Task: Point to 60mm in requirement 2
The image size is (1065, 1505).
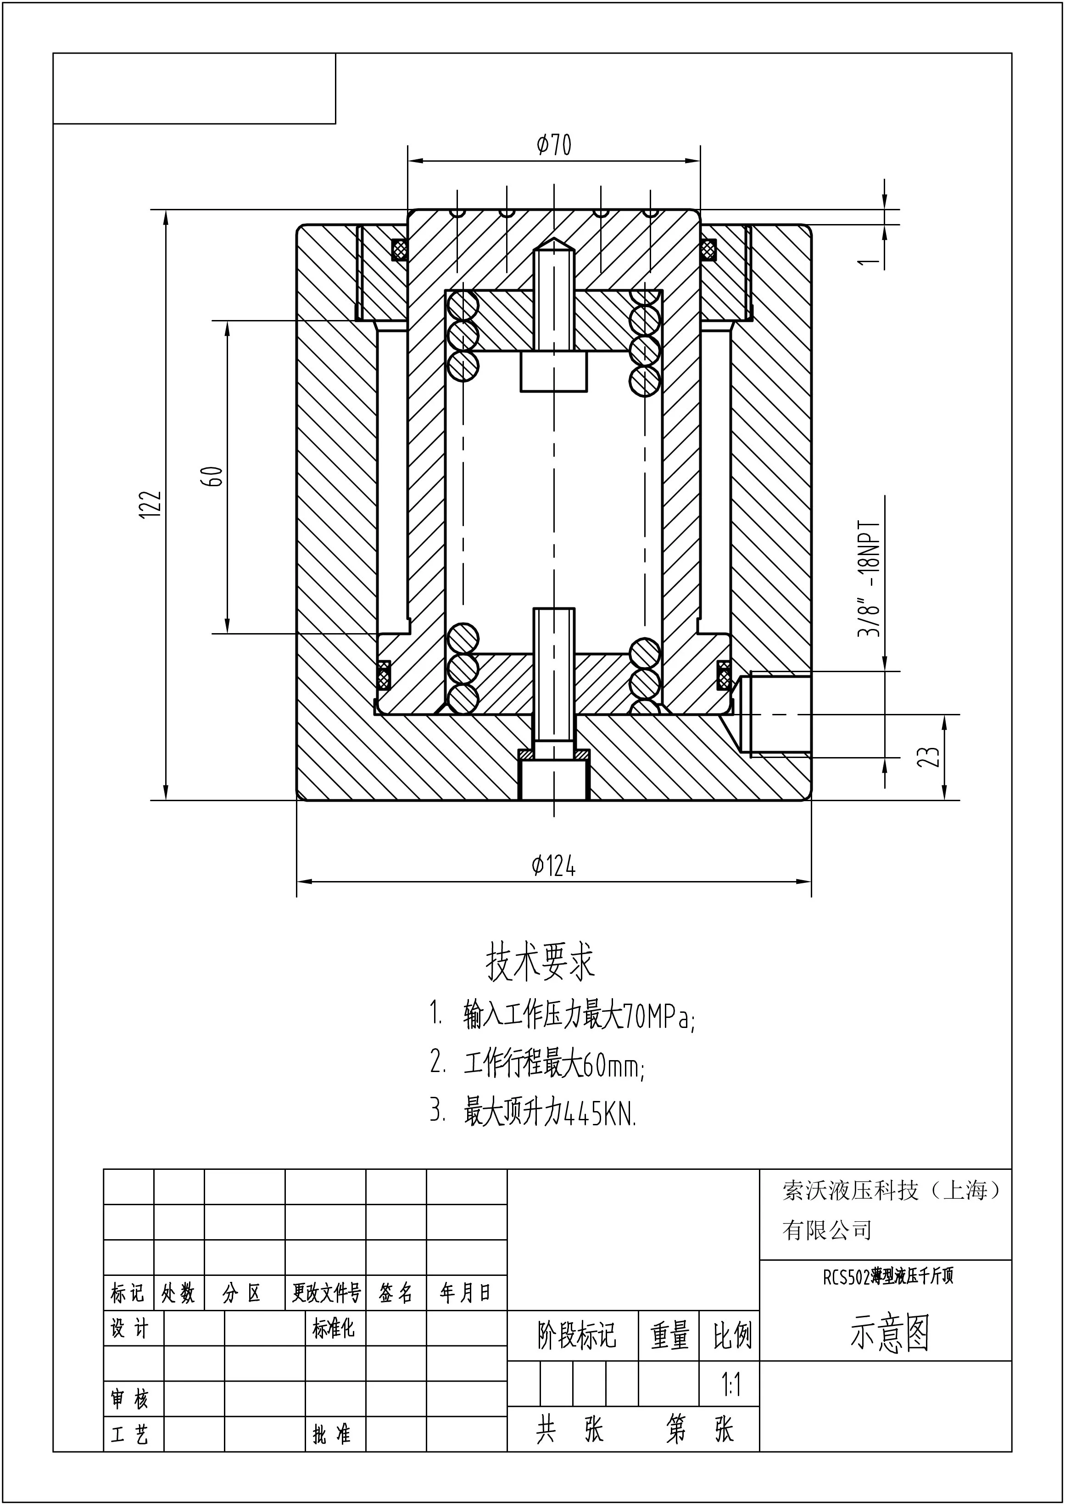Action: pos(613,1067)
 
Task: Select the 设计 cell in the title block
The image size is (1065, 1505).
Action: pos(129,1330)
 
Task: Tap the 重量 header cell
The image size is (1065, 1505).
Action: pos(669,1336)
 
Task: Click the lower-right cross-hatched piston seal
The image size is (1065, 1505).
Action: pos(724,675)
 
